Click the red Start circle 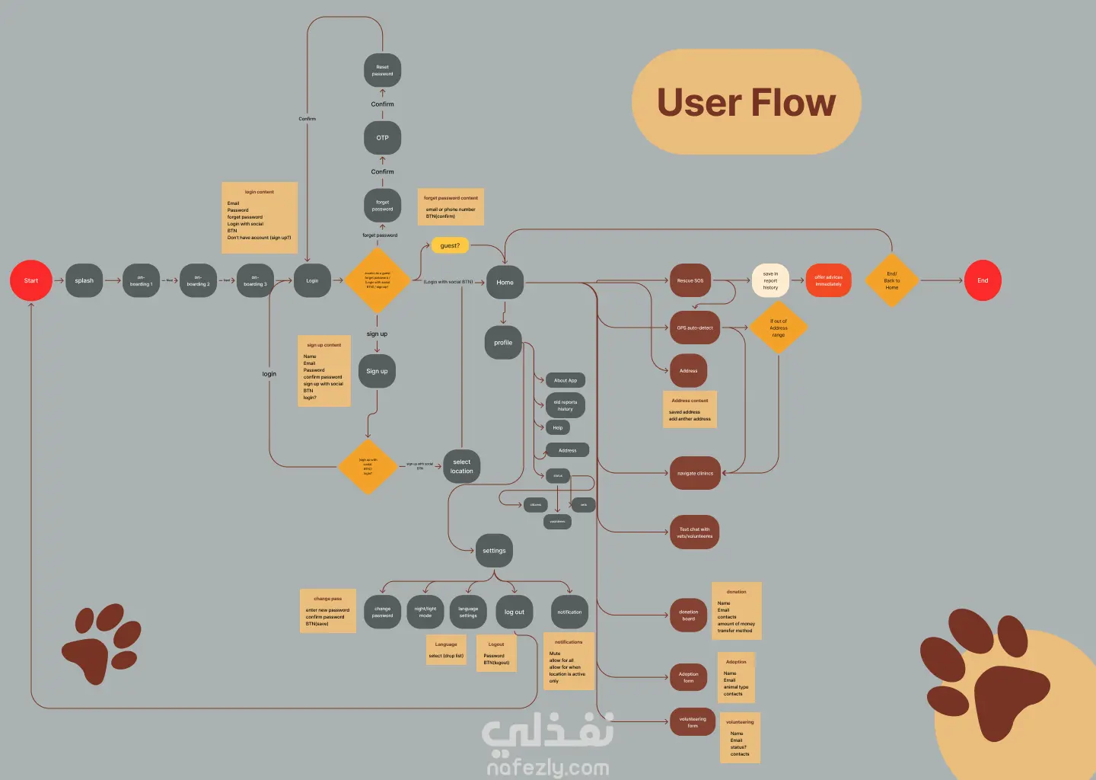(x=31, y=280)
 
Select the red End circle (x=983, y=280)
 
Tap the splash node (x=84, y=280)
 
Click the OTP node (x=382, y=138)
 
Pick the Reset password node (x=382, y=71)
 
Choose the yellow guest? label (x=450, y=245)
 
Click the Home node (x=505, y=283)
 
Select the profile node (x=503, y=343)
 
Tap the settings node (x=494, y=551)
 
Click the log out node (x=514, y=612)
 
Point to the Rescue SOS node (x=690, y=280)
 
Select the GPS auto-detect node (x=695, y=328)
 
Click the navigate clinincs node (x=695, y=473)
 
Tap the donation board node (x=688, y=615)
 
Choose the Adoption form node (x=688, y=677)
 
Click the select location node (x=462, y=466)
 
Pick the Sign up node (x=377, y=371)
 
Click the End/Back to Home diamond (x=891, y=280)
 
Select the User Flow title (x=746, y=102)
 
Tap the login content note (x=259, y=217)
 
